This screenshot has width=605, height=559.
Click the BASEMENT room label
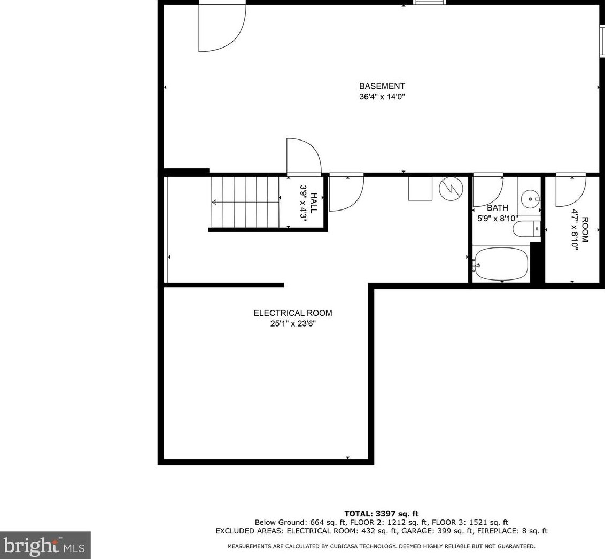pyautogui.click(x=382, y=86)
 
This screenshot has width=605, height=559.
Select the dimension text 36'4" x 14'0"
pyautogui.click(x=382, y=97)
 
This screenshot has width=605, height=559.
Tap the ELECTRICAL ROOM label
pyautogui.click(x=292, y=313)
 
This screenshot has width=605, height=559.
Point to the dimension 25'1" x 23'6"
pyautogui.click(x=293, y=324)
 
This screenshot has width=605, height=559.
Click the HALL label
pyautogui.click(x=314, y=203)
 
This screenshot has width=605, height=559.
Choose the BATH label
pyautogui.click(x=497, y=208)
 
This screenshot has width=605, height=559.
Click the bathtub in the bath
pyautogui.click(x=501, y=263)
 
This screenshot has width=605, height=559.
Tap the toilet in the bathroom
pyautogui.click(x=526, y=229)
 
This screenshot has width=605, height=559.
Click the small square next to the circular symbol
pyautogui.click(x=420, y=189)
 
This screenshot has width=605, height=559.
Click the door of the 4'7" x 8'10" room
pyautogui.click(x=570, y=190)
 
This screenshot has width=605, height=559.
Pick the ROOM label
pyautogui.click(x=585, y=230)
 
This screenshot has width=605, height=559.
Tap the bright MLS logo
pyautogui.click(x=45, y=545)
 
